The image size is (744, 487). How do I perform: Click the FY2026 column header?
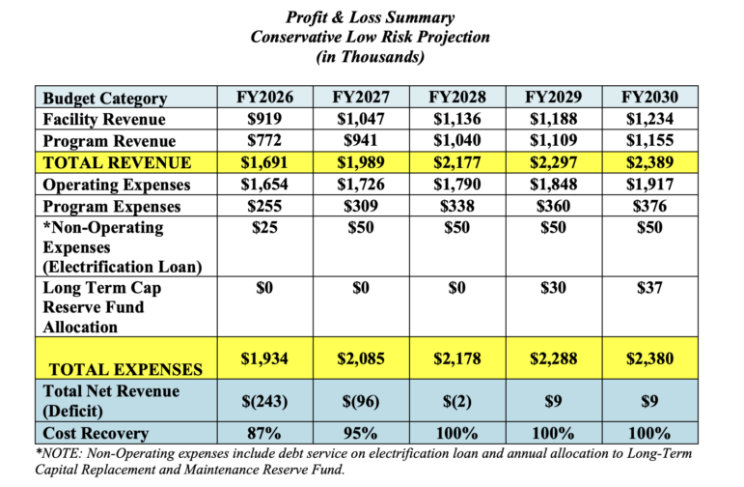pos(264,97)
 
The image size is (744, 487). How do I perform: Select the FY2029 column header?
pos(553,97)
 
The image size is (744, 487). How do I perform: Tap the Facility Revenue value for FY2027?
pos(361,119)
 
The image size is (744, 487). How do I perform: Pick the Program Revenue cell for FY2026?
pos(264,141)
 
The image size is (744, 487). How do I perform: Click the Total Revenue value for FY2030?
pos(649,162)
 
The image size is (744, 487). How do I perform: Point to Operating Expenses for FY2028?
pos(457,185)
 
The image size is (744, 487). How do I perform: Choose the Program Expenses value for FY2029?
pos(553,206)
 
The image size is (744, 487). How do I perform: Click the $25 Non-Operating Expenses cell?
pos(264,228)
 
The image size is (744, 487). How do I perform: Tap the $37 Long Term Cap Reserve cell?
pos(649,288)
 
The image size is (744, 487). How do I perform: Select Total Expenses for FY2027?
pos(361,358)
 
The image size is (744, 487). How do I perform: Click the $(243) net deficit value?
pos(264,401)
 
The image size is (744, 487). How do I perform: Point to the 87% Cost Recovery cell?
pos(264,433)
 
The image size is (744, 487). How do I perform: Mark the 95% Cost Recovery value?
pos(361,433)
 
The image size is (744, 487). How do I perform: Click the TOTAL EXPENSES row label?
pos(125,370)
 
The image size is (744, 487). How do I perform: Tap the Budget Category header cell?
pos(105,99)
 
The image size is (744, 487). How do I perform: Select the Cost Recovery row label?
pos(96,433)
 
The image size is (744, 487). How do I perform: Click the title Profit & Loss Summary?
pos(371,17)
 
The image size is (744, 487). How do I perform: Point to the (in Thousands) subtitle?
pos(371,57)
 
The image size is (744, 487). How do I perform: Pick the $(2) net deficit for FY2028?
pos(457,401)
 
